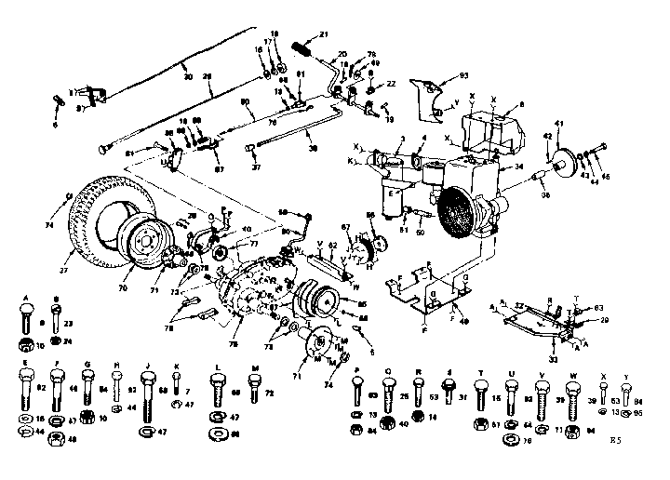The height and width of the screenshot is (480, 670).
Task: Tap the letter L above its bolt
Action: click(217, 367)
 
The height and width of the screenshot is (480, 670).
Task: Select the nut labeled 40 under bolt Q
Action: click(405, 424)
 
